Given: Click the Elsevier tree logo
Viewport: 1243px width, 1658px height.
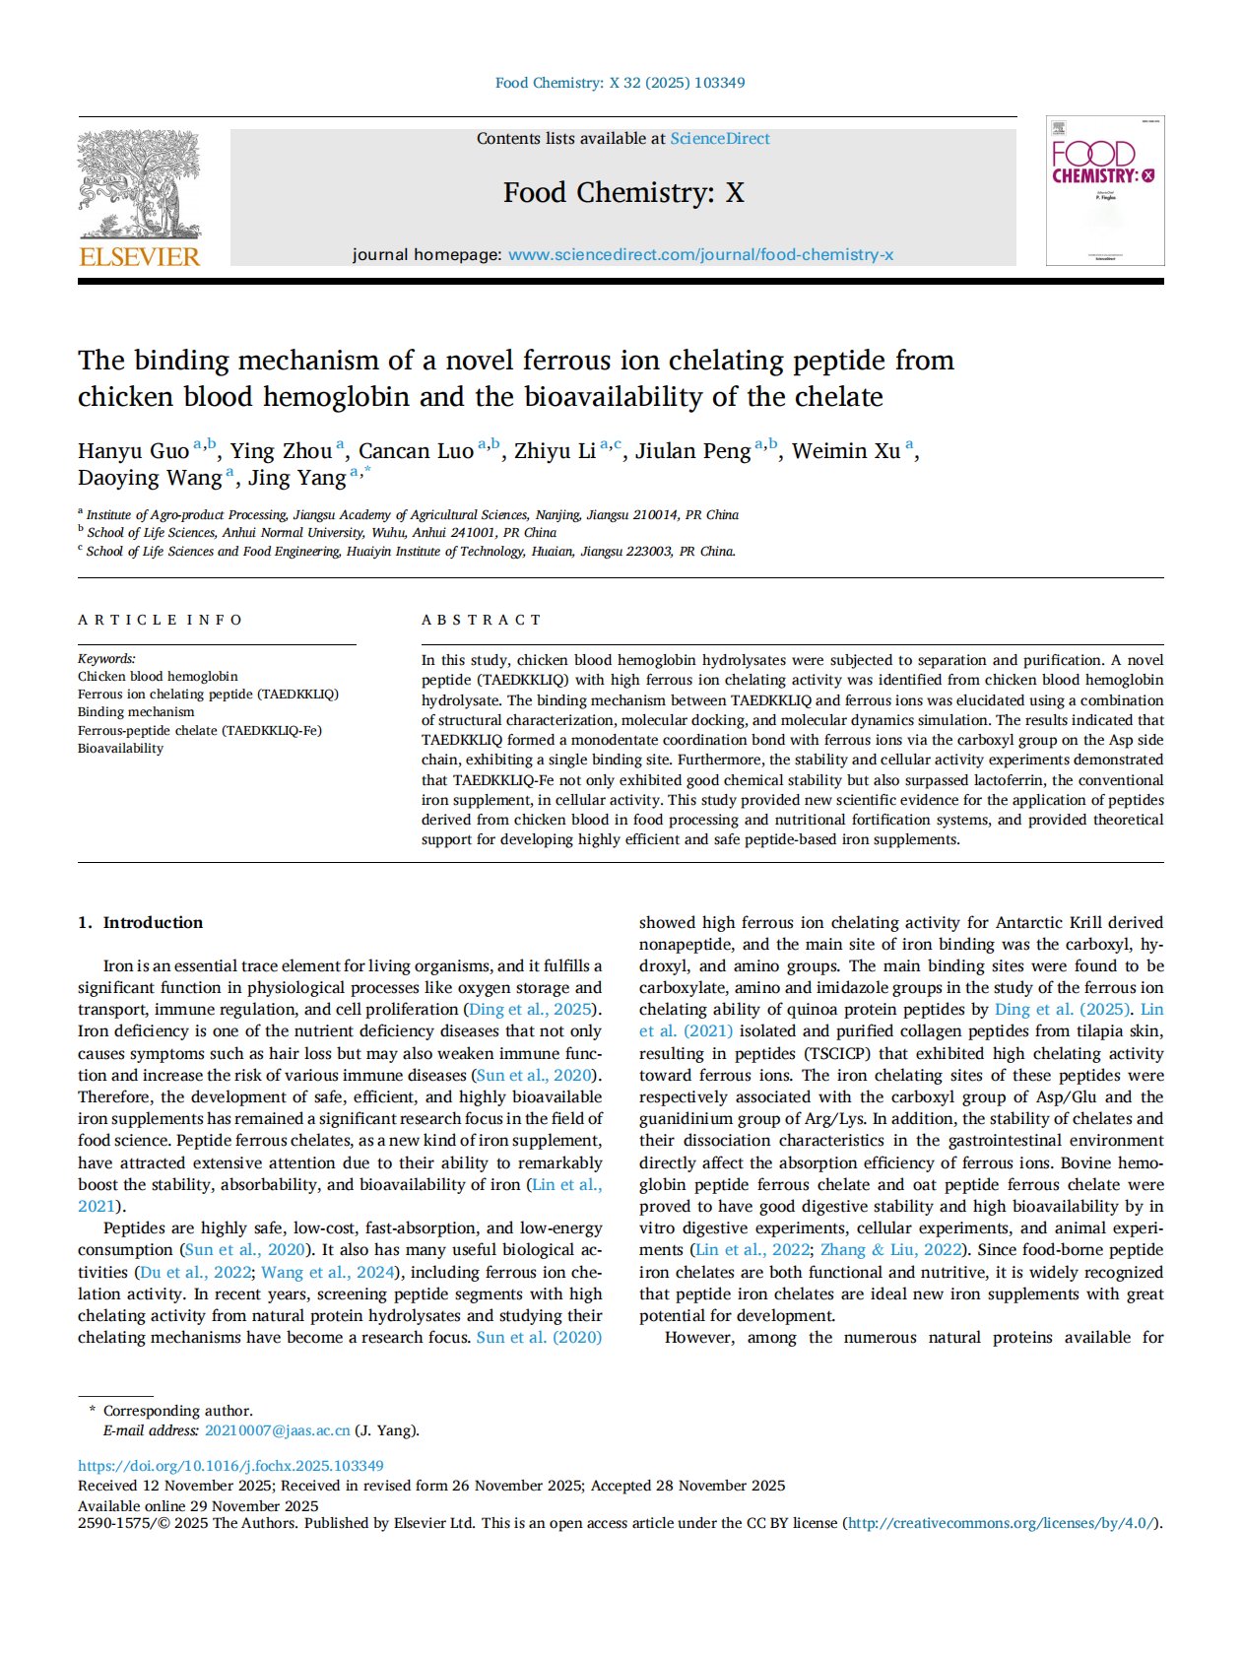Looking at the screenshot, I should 139,184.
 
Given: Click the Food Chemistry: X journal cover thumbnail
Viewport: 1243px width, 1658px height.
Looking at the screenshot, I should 1104,190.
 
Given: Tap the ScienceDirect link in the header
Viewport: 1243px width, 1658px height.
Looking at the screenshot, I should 719,139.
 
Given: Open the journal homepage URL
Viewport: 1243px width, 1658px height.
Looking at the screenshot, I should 700,255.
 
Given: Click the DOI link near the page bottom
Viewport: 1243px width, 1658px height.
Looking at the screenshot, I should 230,1466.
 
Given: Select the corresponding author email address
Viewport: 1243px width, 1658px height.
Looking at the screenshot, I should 277,1430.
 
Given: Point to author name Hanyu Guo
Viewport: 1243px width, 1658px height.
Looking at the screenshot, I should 133,451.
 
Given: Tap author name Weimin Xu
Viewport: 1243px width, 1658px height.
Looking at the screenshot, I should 845,451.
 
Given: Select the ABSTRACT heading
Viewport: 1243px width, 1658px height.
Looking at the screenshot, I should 481,620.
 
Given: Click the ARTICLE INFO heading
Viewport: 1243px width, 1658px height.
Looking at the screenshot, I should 160,620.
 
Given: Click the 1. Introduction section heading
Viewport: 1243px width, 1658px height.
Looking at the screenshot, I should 140,923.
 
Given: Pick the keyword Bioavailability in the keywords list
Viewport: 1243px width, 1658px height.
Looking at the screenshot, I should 120,749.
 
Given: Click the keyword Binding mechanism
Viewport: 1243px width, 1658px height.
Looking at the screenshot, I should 136,712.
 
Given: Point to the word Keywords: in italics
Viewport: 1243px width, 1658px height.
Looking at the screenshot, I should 106,659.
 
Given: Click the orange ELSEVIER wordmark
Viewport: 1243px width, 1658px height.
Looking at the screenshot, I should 139,257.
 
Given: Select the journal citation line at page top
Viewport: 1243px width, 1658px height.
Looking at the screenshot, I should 620,83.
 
